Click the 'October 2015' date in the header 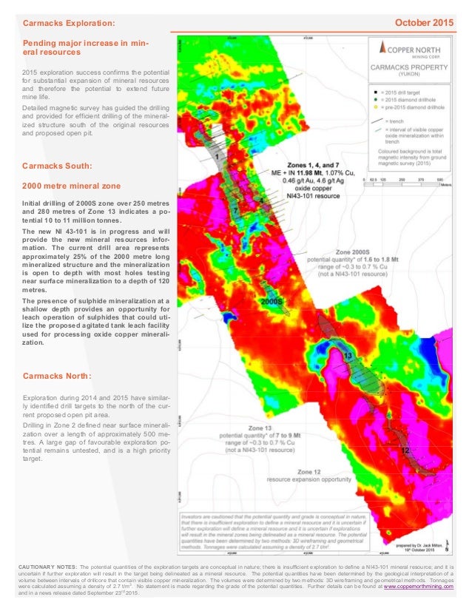(423, 23)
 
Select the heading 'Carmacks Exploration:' (70, 24)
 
